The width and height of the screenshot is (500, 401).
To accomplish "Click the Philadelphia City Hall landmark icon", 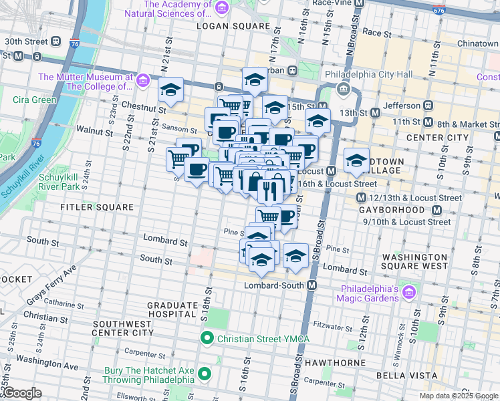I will (343, 89).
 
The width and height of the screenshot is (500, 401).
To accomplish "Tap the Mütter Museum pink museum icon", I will (142, 82).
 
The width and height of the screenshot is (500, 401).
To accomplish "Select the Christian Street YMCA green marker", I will (207, 339).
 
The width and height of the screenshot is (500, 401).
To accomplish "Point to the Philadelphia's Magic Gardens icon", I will (408, 293).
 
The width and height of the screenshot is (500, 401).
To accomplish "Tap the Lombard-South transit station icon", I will (312, 285).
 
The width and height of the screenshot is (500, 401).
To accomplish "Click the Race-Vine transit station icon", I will (360, 3).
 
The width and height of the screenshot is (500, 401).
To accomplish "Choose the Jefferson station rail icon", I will (426, 106).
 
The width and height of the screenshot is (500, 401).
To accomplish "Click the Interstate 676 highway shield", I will (457, 11).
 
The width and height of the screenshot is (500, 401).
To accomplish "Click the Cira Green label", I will (34, 100).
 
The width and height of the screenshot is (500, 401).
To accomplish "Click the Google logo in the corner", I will (21, 393).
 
